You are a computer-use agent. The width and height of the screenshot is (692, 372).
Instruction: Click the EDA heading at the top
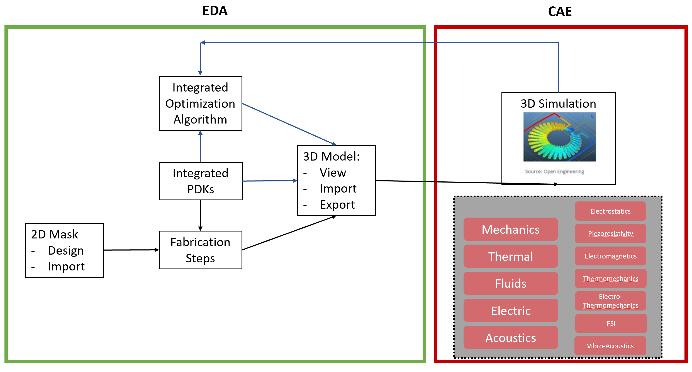coord(215,11)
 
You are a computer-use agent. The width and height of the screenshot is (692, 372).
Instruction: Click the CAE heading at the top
coord(560,12)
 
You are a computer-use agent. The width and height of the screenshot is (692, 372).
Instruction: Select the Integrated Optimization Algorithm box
coord(200,103)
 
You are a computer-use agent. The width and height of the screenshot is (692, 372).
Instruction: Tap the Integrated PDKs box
coord(201,181)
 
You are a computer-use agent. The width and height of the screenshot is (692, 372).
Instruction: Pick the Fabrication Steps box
coord(200,250)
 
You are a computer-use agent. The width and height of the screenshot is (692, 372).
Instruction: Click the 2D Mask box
coord(65,250)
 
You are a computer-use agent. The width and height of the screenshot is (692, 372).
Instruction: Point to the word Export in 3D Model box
coord(337,205)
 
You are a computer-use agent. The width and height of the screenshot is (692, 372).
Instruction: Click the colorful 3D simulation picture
coord(559,137)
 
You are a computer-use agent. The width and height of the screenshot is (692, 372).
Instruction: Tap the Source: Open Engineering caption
coord(554,171)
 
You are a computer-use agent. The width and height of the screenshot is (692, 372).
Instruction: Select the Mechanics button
coord(510,229)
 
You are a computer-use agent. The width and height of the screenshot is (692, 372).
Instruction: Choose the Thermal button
coord(510,256)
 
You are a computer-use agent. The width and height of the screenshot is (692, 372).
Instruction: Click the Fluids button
coord(511,283)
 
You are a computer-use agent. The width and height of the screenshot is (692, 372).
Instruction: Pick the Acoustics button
coord(511,337)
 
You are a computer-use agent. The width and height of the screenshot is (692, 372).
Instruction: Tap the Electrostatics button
coord(610,211)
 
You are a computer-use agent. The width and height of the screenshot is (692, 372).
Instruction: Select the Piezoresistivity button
coord(610,233)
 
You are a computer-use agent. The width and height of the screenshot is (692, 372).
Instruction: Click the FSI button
coord(611,323)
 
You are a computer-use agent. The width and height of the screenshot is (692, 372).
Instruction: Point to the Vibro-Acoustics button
coord(610,346)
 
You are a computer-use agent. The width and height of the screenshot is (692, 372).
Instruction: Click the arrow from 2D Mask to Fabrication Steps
coord(131,250)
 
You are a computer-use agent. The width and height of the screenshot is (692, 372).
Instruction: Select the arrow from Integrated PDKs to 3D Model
coord(270,181)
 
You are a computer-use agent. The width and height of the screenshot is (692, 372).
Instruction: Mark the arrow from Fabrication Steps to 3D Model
coord(289,233)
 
